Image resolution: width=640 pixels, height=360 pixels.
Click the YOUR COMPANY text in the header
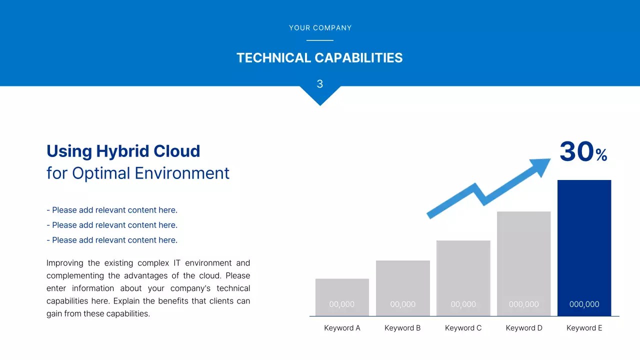point(320,28)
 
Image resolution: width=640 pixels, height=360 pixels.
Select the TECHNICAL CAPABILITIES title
point(319,57)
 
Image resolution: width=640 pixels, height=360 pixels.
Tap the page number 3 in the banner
point(320,84)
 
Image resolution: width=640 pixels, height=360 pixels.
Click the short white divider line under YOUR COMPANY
point(320,40)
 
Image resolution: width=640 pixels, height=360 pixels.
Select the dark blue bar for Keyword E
point(584,248)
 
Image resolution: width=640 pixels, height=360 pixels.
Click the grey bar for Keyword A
point(342,297)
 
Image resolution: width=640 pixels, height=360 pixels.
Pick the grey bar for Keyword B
point(403,288)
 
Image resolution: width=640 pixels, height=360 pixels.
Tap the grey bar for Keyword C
point(463,278)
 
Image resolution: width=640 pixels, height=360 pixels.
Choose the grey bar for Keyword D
point(523,263)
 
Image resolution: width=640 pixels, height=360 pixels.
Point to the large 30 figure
point(576,151)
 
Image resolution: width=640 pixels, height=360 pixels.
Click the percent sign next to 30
point(601,155)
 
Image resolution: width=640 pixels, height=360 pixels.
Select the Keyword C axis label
point(463,328)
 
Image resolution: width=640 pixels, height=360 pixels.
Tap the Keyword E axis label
point(584,328)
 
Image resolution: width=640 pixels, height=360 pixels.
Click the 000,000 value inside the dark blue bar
point(584,304)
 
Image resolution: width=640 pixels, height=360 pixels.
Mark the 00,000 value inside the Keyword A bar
point(341,304)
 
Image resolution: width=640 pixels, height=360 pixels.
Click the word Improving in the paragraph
point(65,263)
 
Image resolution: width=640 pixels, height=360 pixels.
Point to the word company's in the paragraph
point(190,288)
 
